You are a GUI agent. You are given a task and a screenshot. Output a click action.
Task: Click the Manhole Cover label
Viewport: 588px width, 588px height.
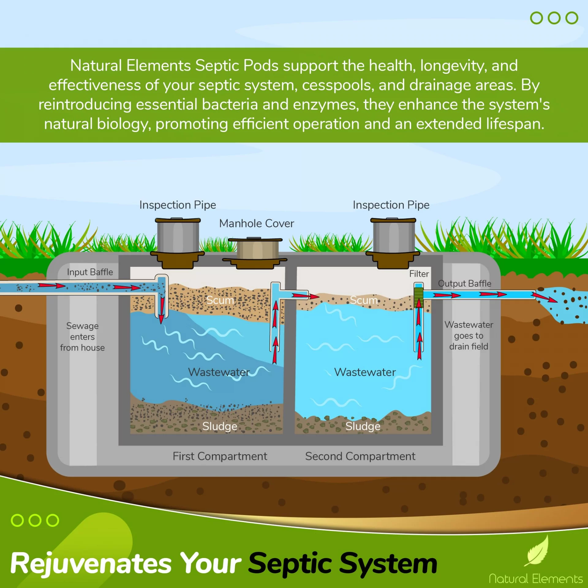(x=257, y=224)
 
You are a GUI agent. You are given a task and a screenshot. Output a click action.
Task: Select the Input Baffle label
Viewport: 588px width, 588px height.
(x=90, y=272)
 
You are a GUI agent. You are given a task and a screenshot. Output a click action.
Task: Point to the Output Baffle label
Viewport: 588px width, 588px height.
(x=465, y=284)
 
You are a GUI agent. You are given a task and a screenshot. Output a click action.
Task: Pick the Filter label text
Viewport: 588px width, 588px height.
(x=419, y=274)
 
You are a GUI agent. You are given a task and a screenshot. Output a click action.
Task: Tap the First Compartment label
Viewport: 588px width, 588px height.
(x=220, y=456)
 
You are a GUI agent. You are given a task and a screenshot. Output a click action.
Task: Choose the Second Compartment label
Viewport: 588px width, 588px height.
(x=360, y=456)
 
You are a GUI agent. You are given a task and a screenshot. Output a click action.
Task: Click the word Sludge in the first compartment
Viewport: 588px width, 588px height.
(x=220, y=426)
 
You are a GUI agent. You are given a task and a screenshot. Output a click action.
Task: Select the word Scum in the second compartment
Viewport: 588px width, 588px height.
(x=364, y=300)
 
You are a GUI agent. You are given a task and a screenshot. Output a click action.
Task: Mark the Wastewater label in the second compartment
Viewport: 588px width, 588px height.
(x=365, y=372)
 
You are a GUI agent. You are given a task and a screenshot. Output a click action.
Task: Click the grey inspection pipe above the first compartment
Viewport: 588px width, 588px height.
(x=178, y=236)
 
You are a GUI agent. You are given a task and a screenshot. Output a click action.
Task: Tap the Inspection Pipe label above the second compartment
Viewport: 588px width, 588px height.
(x=391, y=205)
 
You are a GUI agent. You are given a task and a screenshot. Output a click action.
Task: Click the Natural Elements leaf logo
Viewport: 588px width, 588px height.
(x=537, y=550)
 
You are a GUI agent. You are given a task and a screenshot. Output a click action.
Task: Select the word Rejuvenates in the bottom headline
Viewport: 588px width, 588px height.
(x=91, y=564)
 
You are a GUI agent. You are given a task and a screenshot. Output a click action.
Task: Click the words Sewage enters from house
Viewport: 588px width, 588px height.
(x=82, y=337)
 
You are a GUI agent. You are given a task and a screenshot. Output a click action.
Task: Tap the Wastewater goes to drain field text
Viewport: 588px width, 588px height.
(x=469, y=336)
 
